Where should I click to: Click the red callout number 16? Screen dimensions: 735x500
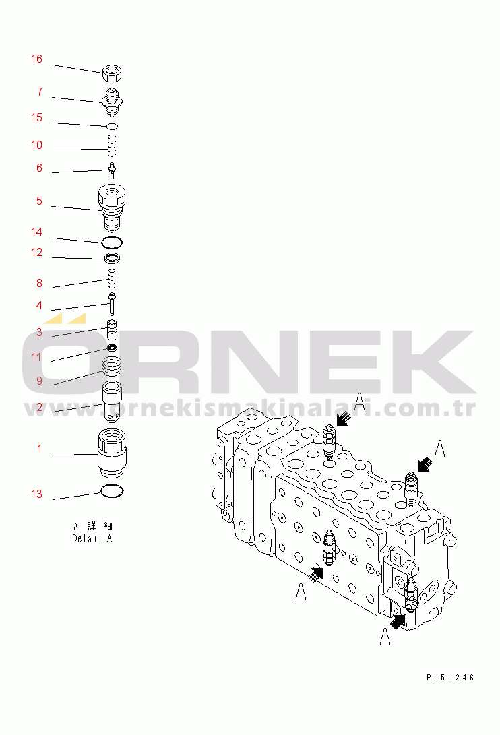point(36,59)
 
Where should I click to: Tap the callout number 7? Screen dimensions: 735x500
point(40,92)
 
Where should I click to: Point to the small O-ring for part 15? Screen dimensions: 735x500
point(113,126)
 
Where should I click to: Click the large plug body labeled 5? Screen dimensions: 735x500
point(112,206)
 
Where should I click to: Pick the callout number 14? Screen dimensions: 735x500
point(36,232)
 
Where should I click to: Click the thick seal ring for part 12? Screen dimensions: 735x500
point(112,258)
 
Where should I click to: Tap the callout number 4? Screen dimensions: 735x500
point(40,305)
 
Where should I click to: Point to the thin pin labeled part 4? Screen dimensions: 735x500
point(112,304)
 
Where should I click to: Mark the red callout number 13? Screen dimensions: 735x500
point(36,494)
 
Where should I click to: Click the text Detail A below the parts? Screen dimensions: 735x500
point(92,538)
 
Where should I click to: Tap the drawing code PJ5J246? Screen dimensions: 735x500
point(450,677)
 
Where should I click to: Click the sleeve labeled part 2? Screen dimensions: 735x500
point(112,400)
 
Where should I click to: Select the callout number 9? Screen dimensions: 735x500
point(40,381)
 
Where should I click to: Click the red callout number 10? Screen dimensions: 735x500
point(36,146)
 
